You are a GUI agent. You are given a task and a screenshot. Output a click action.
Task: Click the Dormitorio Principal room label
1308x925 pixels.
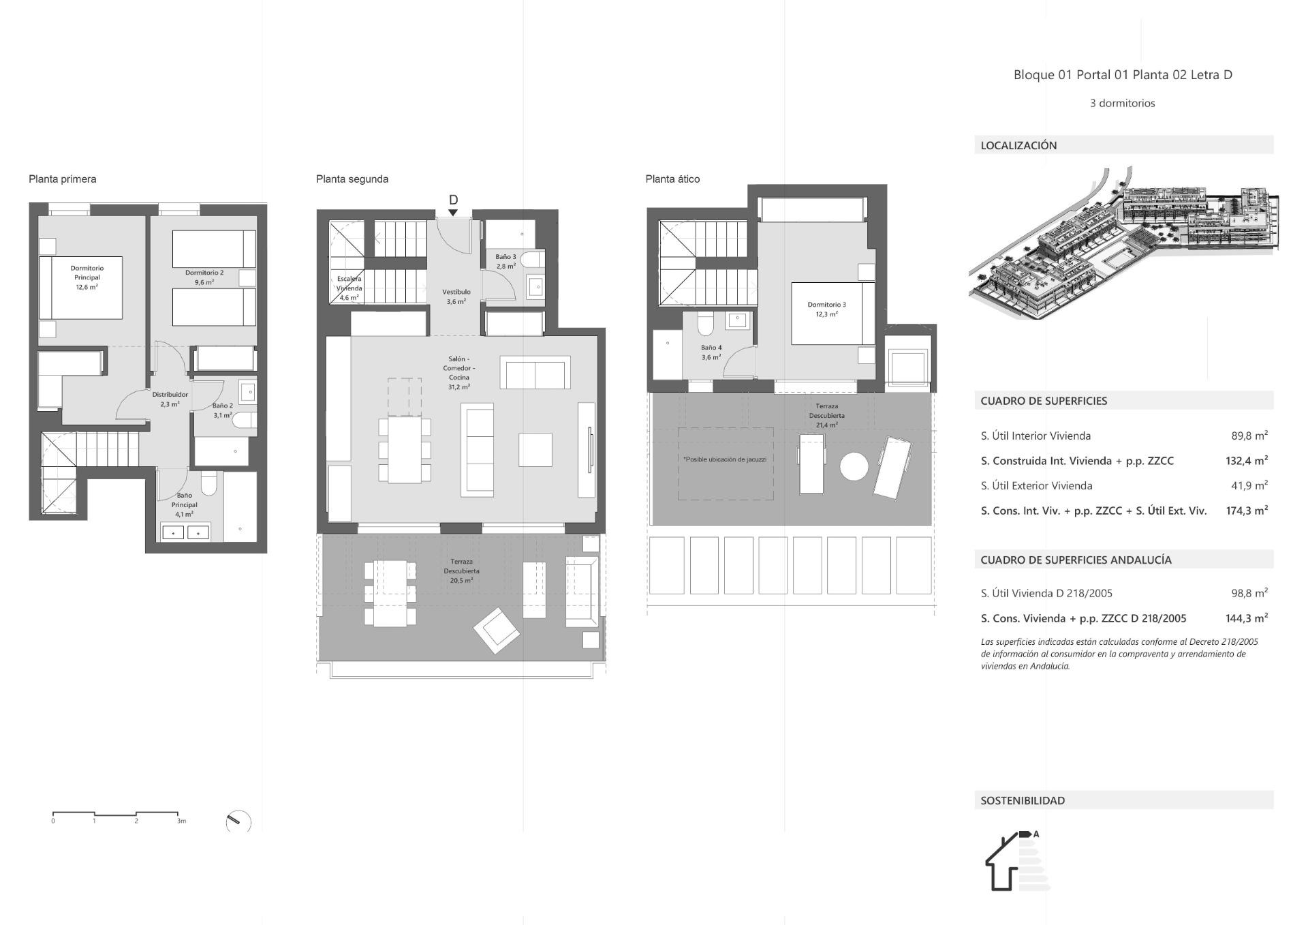[87, 277]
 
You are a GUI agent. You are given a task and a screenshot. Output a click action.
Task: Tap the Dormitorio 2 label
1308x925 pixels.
[204, 277]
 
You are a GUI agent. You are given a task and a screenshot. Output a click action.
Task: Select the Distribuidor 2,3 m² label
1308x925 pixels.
[170, 399]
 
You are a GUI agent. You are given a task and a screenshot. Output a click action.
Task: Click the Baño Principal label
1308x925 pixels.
[184, 504]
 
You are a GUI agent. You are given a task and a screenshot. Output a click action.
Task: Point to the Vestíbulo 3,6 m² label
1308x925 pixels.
[456, 297]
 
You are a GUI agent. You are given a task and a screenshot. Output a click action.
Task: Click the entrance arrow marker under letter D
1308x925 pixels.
[453, 213]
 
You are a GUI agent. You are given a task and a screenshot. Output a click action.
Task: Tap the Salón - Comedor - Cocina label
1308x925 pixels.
[459, 372]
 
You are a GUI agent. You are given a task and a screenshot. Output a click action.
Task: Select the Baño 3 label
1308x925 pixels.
[505, 262]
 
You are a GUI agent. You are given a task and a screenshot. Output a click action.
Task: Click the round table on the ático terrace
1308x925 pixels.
[854, 467]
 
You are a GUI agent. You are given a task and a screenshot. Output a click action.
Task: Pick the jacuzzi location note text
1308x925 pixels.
[725, 459]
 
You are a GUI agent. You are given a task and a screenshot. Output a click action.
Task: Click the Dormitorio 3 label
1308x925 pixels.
[826, 309]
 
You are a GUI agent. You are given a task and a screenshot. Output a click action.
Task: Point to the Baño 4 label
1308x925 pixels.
[711, 352]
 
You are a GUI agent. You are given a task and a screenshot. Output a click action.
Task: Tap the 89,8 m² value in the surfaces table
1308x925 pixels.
[1249, 436]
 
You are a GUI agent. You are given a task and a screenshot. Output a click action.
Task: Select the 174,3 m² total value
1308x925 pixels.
[1246, 511]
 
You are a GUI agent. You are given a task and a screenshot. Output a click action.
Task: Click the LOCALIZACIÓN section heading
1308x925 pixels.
[1018, 145]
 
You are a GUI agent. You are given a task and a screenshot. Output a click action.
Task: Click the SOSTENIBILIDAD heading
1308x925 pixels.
[1023, 800]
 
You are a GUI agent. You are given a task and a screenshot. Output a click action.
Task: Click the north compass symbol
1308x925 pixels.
[238, 821]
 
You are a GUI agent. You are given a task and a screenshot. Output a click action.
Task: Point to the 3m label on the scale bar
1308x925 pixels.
[181, 821]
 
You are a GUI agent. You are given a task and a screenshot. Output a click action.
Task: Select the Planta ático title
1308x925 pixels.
[672, 179]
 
